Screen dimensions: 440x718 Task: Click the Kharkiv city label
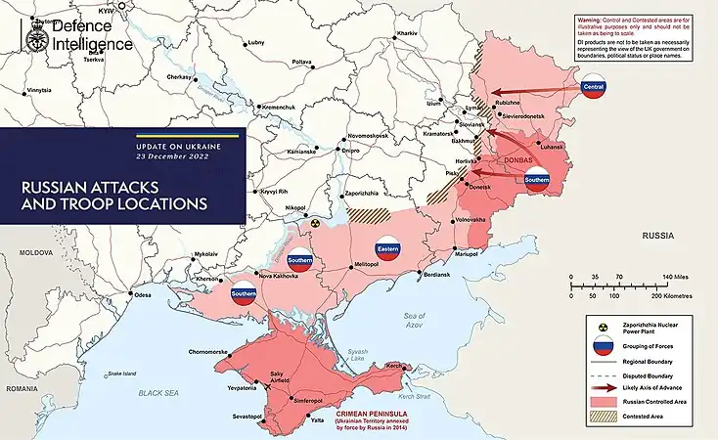[406, 34]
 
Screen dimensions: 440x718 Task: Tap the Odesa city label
[143, 294]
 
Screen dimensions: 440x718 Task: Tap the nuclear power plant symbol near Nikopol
[316, 223]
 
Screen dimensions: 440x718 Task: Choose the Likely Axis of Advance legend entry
[653, 387]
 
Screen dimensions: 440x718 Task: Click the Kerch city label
[394, 366]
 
